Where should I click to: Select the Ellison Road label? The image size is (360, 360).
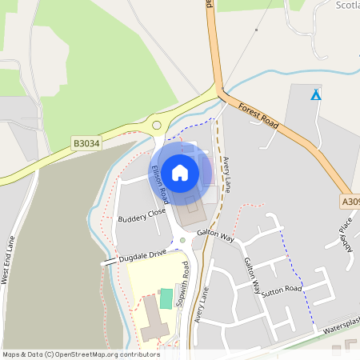160,183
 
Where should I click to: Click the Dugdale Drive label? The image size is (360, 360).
142,254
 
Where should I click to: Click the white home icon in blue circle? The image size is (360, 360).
180,172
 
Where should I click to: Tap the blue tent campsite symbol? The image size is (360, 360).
316,95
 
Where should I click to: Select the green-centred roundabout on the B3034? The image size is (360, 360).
156,124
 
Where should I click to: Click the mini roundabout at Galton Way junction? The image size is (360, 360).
182,240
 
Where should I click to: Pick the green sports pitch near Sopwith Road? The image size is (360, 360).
166,299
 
